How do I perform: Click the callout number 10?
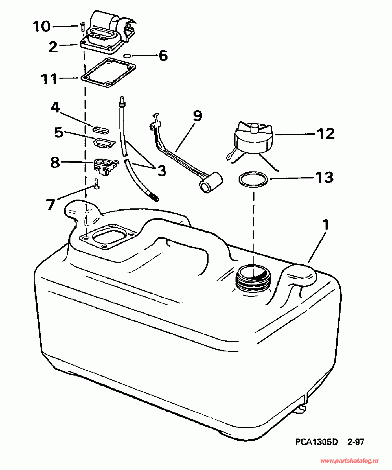tap(41, 26)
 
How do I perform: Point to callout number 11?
tap(49, 79)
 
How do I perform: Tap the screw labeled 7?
tap(97, 184)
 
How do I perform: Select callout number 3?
tap(161, 171)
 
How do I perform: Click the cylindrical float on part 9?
tap(211, 183)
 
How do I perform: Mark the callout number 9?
tap(198, 116)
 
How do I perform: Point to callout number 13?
tap(324, 177)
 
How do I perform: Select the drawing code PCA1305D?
tap(317, 442)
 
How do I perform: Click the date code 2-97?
tap(356, 442)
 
